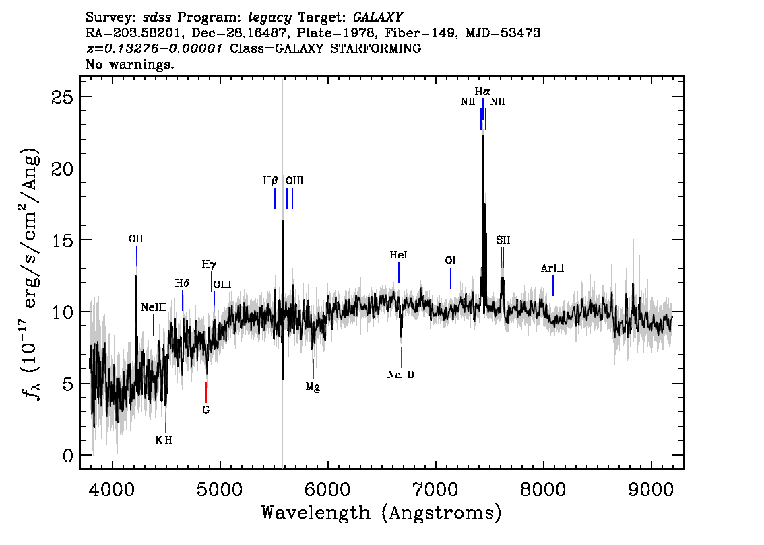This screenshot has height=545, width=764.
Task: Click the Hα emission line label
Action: pos(482,92)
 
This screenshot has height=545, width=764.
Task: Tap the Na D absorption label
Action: pos(400,375)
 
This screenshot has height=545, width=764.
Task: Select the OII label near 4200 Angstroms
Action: pos(136,239)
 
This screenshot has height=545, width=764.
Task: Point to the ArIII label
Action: pos(552,268)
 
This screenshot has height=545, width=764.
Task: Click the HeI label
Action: pos(399,255)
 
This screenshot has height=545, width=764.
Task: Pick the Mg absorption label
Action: pos(313,388)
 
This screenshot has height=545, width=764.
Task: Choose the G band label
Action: pos(206,410)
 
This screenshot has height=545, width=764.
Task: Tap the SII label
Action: pos(503,240)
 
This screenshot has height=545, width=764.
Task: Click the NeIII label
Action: pos(154,307)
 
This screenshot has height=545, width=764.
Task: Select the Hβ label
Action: pos(270,181)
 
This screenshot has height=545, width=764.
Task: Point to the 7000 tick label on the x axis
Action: pos(435,489)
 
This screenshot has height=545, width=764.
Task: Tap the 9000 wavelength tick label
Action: pos(651,489)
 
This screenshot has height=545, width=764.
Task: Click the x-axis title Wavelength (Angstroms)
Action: pos(381,513)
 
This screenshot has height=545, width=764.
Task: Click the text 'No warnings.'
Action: pos(129,64)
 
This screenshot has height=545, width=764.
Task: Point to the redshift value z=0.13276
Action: pos(154,48)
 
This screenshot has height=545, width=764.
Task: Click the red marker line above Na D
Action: pos(401,358)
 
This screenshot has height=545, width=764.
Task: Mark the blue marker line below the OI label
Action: pos(451,278)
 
